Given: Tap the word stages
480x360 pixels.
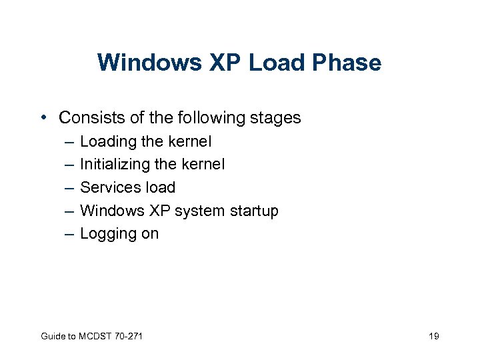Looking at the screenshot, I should [x=273, y=119].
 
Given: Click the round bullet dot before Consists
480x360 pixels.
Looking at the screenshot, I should [x=43, y=118].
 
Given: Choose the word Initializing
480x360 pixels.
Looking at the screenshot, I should [x=112, y=165].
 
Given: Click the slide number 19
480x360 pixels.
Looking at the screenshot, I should [x=433, y=336].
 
